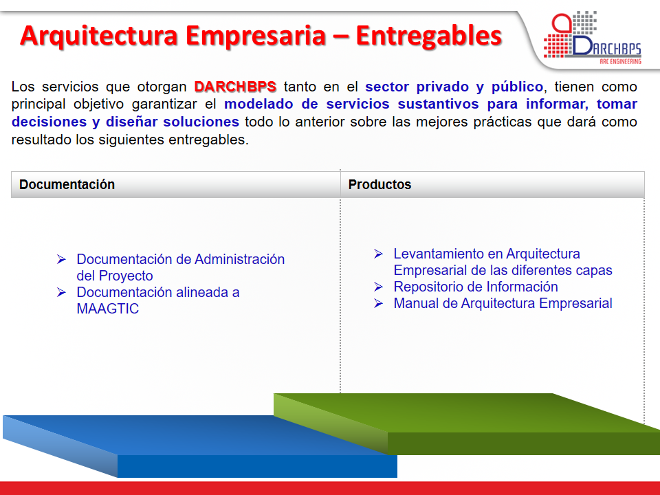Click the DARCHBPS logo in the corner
tap(592, 37)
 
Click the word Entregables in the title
tap(429, 35)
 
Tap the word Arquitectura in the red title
tap(99, 36)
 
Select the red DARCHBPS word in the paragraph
tap(235, 87)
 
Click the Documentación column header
tap(67, 184)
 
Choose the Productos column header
tap(379, 184)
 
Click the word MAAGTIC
tap(108, 309)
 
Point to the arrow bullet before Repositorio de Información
tap(378, 287)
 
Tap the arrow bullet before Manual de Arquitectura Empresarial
tap(378, 303)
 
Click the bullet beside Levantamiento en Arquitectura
tap(378, 254)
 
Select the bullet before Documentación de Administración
tap(61, 259)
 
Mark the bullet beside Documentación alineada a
tap(61, 292)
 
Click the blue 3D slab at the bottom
tap(200, 446)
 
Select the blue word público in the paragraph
tap(517, 87)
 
